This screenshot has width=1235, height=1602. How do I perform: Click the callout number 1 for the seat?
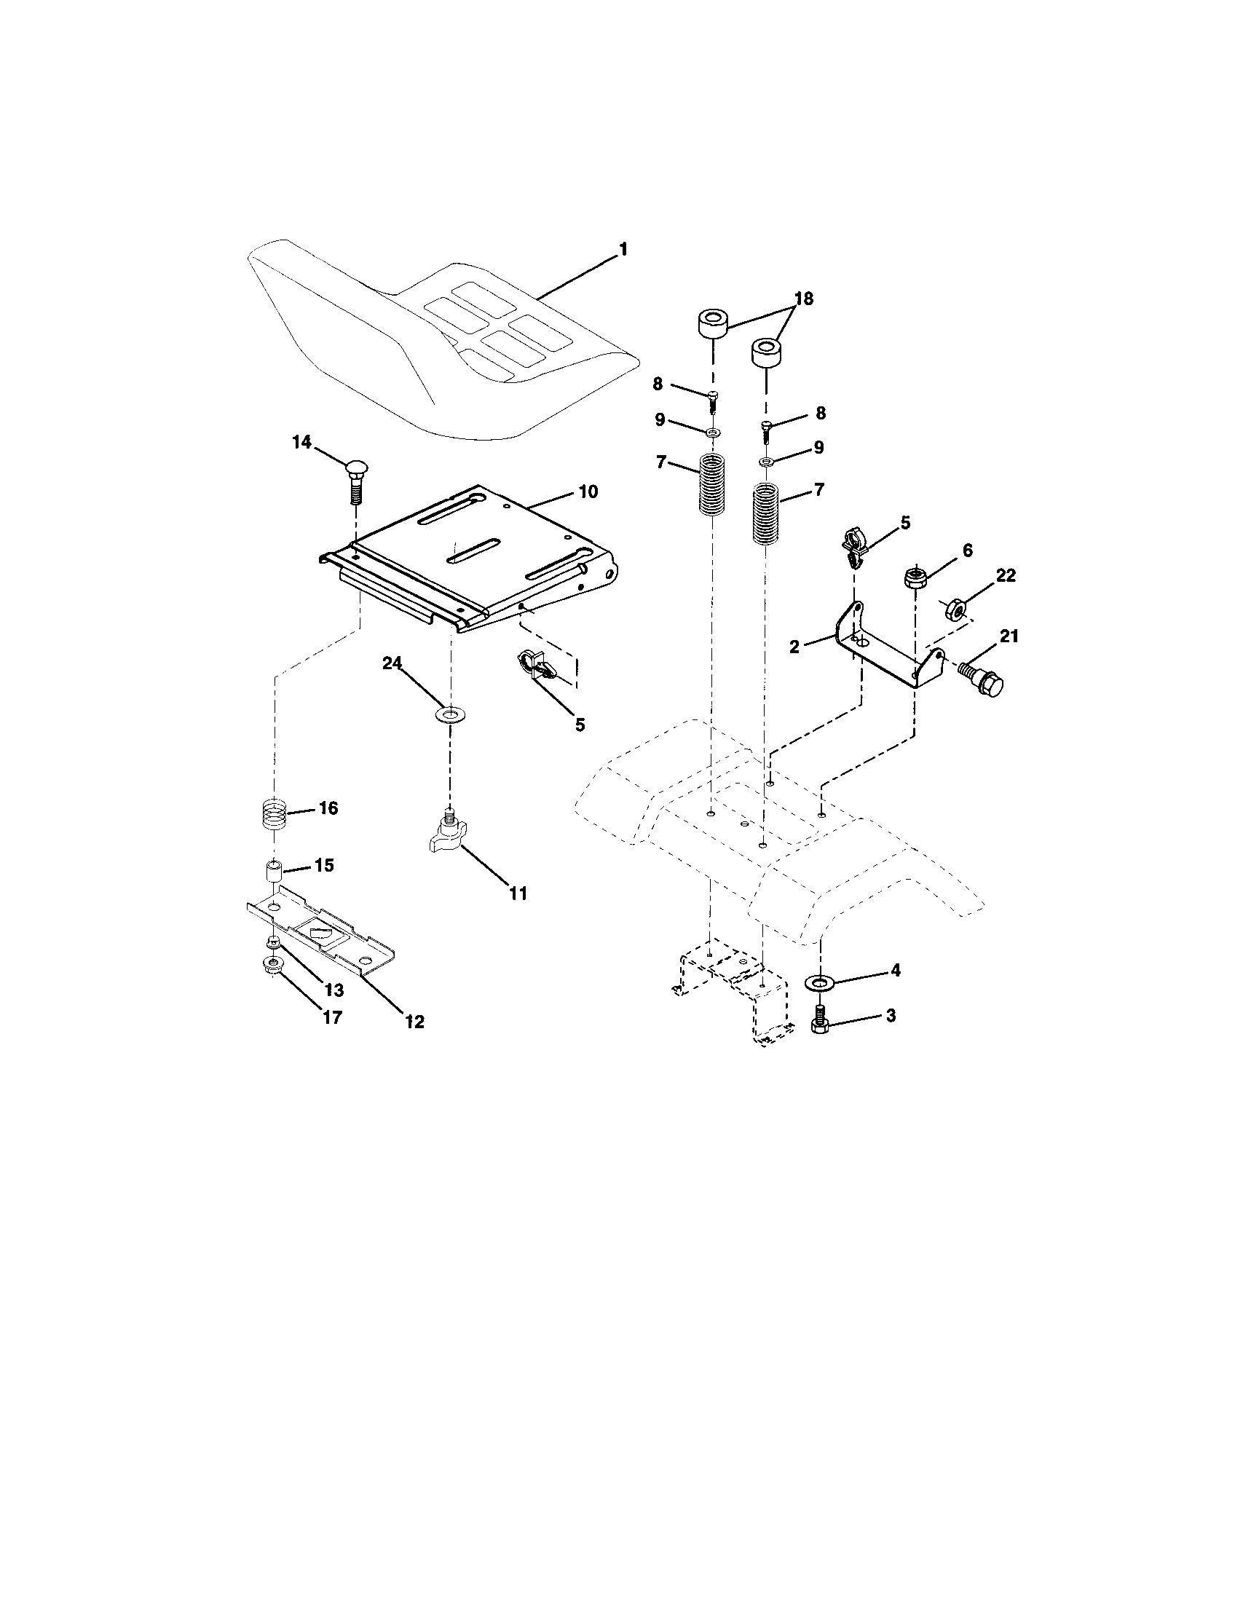coord(623,250)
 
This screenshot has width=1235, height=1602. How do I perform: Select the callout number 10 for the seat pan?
coord(588,492)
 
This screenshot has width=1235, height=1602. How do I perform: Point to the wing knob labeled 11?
coord(449,834)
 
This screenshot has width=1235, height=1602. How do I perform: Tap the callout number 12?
coord(414,1021)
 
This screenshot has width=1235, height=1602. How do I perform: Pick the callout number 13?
coord(334,990)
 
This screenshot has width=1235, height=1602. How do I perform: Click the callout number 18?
coord(804,299)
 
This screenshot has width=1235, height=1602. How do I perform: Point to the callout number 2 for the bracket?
coord(794,646)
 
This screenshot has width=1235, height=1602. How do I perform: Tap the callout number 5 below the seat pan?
coord(580,725)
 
